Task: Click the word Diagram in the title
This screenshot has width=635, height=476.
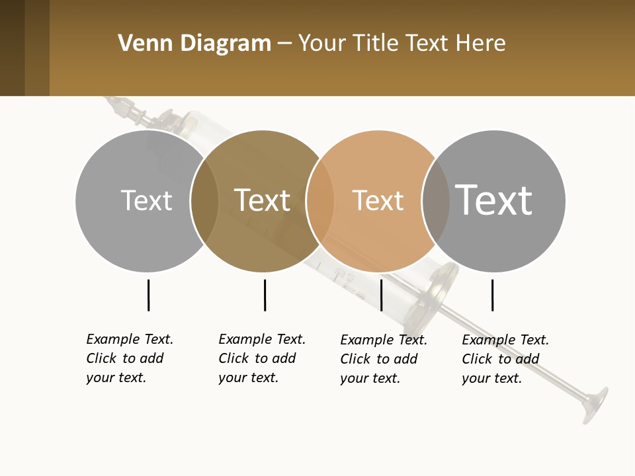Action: pos(226,44)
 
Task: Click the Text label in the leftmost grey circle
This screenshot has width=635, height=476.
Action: pos(146,200)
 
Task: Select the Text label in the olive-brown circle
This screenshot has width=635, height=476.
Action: pos(262,200)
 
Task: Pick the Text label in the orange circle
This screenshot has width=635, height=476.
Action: pos(378,200)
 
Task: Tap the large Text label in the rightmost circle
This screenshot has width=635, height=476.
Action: pos(493,200)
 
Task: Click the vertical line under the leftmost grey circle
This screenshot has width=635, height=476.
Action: pos(148,295)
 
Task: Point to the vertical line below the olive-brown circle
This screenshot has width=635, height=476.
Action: pos(265,295)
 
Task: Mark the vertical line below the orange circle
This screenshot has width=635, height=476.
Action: pos(381,295)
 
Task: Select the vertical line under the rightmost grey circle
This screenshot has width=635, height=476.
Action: pos(492,295)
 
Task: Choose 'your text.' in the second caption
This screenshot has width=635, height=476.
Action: pos(248,377)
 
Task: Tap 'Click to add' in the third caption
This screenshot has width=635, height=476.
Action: pos(378,359)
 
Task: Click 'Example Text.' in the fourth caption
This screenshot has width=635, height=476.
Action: pos(505,340)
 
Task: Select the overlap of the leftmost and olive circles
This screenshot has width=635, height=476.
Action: pos(204,200)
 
